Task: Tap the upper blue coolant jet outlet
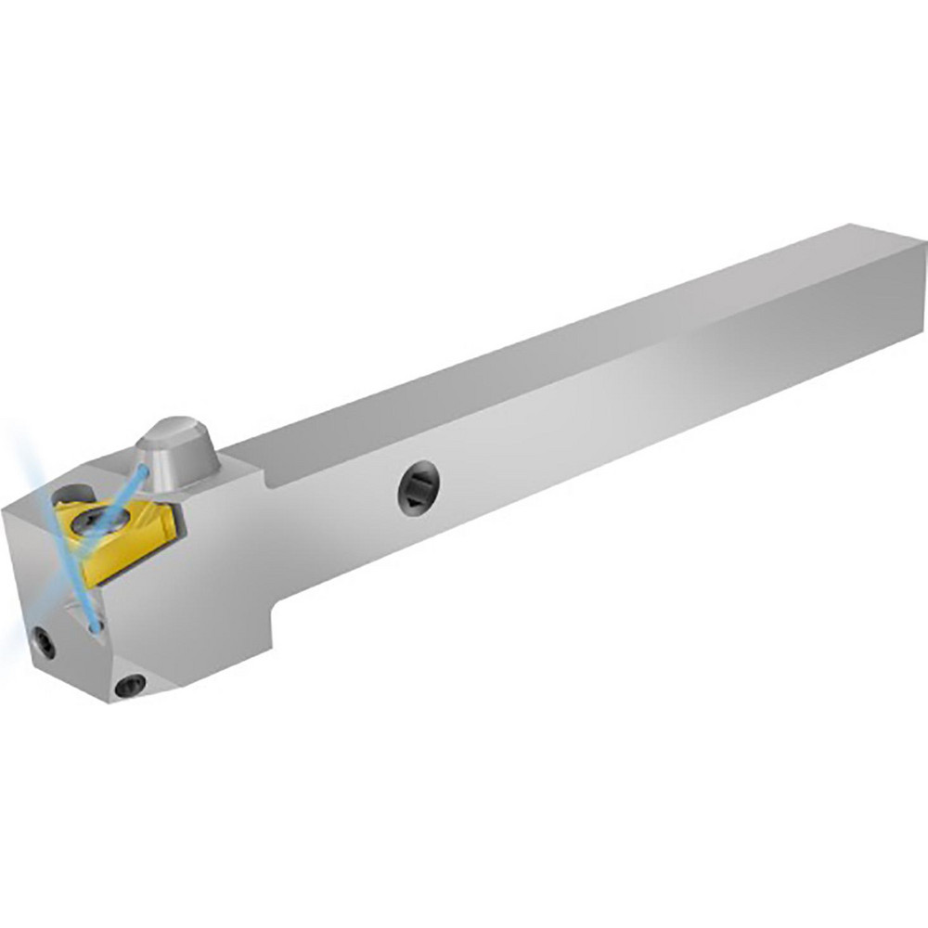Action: point(141,473)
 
